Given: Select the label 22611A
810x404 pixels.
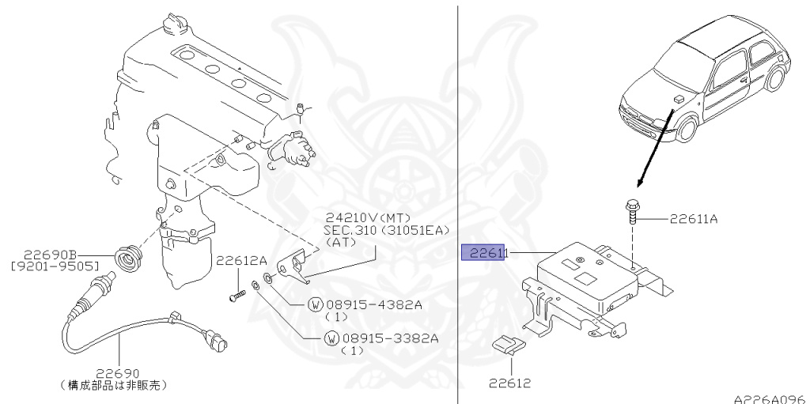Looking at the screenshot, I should tap(694, 218).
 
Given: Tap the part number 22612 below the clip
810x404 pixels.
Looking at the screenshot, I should tap(509, 384).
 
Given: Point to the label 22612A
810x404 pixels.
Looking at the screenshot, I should tap(242, 260).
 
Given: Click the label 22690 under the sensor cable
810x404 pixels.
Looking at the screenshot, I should tap(118, 373).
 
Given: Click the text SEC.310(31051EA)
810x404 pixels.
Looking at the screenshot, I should tap(385, 230).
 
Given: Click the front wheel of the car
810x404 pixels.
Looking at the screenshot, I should tap(686, 130).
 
